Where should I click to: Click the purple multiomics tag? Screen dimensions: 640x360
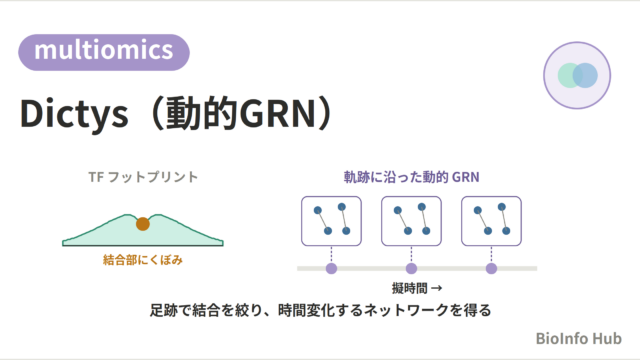pyautogui.click(x=104, y=52)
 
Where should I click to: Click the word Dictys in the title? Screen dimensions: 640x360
pyautogui.click(x=74, y=113)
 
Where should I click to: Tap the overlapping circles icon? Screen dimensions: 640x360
pyautogui.click(x=577, y=75)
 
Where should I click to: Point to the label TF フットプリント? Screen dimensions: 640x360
pyautogui.click(x=143, y=177)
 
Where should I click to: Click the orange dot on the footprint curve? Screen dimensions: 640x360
pyautogui.click(x=143, y=224)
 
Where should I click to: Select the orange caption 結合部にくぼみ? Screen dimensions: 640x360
pyautogui.click(x=143, y=260)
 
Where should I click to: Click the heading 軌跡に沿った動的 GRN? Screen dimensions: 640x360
pyautogui.click(x=411, y=177)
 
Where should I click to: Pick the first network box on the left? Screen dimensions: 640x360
pyautogui.click(x=331, y=221)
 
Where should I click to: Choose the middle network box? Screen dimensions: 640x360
pyautogui.click(x=411, y=221)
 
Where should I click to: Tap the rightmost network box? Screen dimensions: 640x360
pyautogui.click(x=491, y=221)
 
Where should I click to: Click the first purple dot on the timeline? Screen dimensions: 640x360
pyautogui.click(x=331, y=269)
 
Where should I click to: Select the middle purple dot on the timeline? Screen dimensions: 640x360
pyautogui.click(x=411, y=269)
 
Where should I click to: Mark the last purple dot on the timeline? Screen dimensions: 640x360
pyautogui.click(x=491, y=269)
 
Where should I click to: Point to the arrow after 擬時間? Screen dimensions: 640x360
pyautogui.click(x=437, y=288)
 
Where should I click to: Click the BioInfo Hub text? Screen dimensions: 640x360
pyautogui.click(x=578, y=338)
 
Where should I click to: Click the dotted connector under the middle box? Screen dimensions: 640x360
pyautogui.click(x=411, y=254)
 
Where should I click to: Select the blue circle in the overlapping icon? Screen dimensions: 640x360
pyautogui.click(x=585, y=76)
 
